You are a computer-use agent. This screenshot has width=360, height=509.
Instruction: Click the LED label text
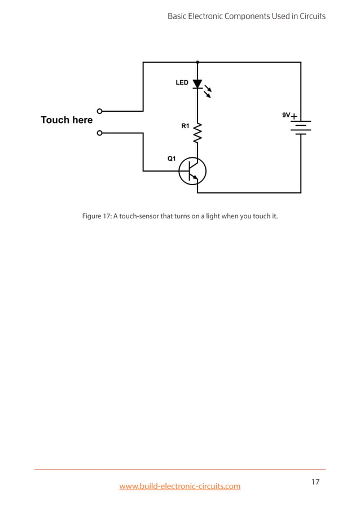pyautogui.click(x=182, y=82)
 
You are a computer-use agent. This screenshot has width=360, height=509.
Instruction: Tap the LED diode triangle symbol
pyautogui.click(x=197, y=84)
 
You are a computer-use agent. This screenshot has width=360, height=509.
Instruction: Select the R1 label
pyautogui.click(x=185, y=126)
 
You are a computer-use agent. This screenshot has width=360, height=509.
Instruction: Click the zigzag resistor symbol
pyautogui.click(x=197, y=134)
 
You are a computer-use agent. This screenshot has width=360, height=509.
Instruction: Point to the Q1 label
pyautogui.click(x=172, y=159)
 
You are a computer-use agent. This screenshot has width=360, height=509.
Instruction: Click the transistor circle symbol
pyautogui.click(x=192, y=171)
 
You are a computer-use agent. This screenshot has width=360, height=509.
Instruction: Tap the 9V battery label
pyautogui.click(x=286, y=115)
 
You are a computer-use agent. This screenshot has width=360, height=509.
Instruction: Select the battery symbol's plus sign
pyautogui.click(x=295, y=116)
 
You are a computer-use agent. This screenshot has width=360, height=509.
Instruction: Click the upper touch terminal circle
pyautogui.click(x=100, y=111)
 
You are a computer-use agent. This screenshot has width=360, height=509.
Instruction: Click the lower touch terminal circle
pyautogui.click(x=100, y=133)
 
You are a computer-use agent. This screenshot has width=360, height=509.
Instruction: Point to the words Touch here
pyautogui.click(x=67, y=120)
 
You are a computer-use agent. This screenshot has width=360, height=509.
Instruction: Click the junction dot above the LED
pyautogui.click(x=197, y=62)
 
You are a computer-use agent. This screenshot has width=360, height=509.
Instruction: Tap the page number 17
pyautogui.click(x=315, y=482)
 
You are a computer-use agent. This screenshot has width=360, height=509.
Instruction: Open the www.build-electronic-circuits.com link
pyautogui.click(x=179, y=486)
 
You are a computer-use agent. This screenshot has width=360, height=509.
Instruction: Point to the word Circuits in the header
pyautogui.click(x=309, y=16)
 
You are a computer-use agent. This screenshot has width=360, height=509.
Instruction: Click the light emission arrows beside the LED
pyautogui.click(x=208, y=91)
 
